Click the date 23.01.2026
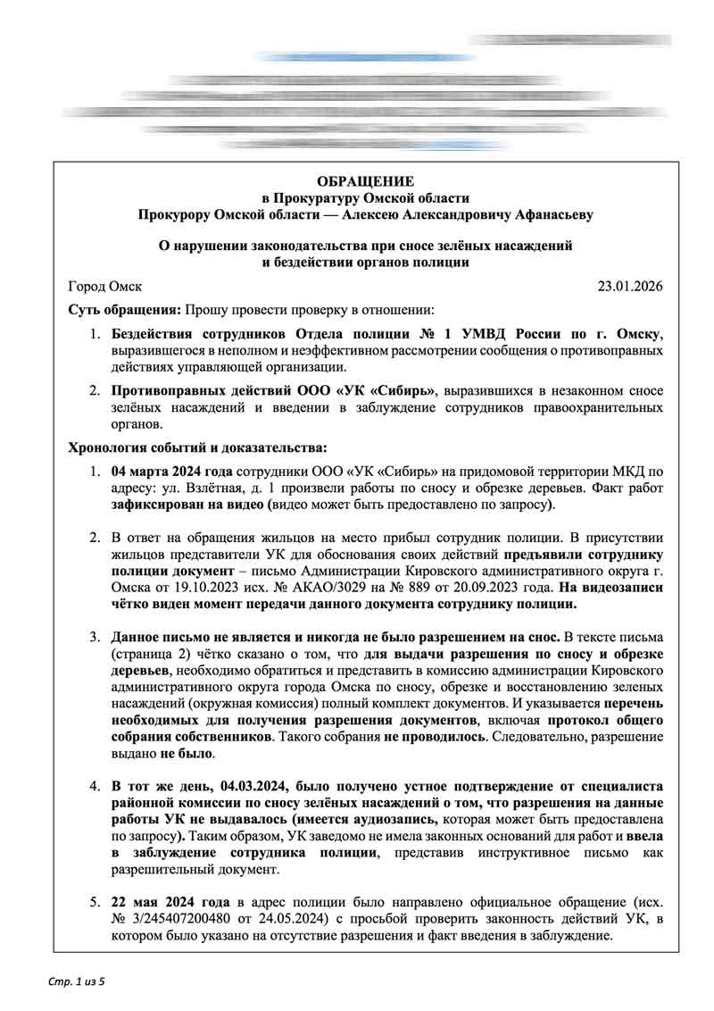point(629,287)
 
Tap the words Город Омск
point(104,287)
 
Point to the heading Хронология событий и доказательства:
point(197,447)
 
